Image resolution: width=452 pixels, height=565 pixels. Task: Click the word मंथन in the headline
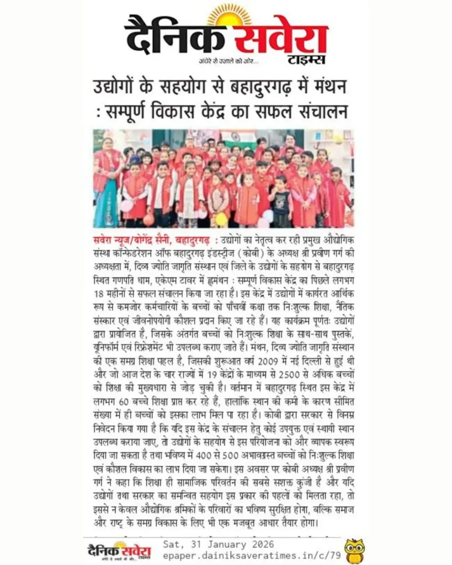click(x=331, y=87)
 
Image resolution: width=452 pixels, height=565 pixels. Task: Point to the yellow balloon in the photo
click(x=221, y=218)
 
